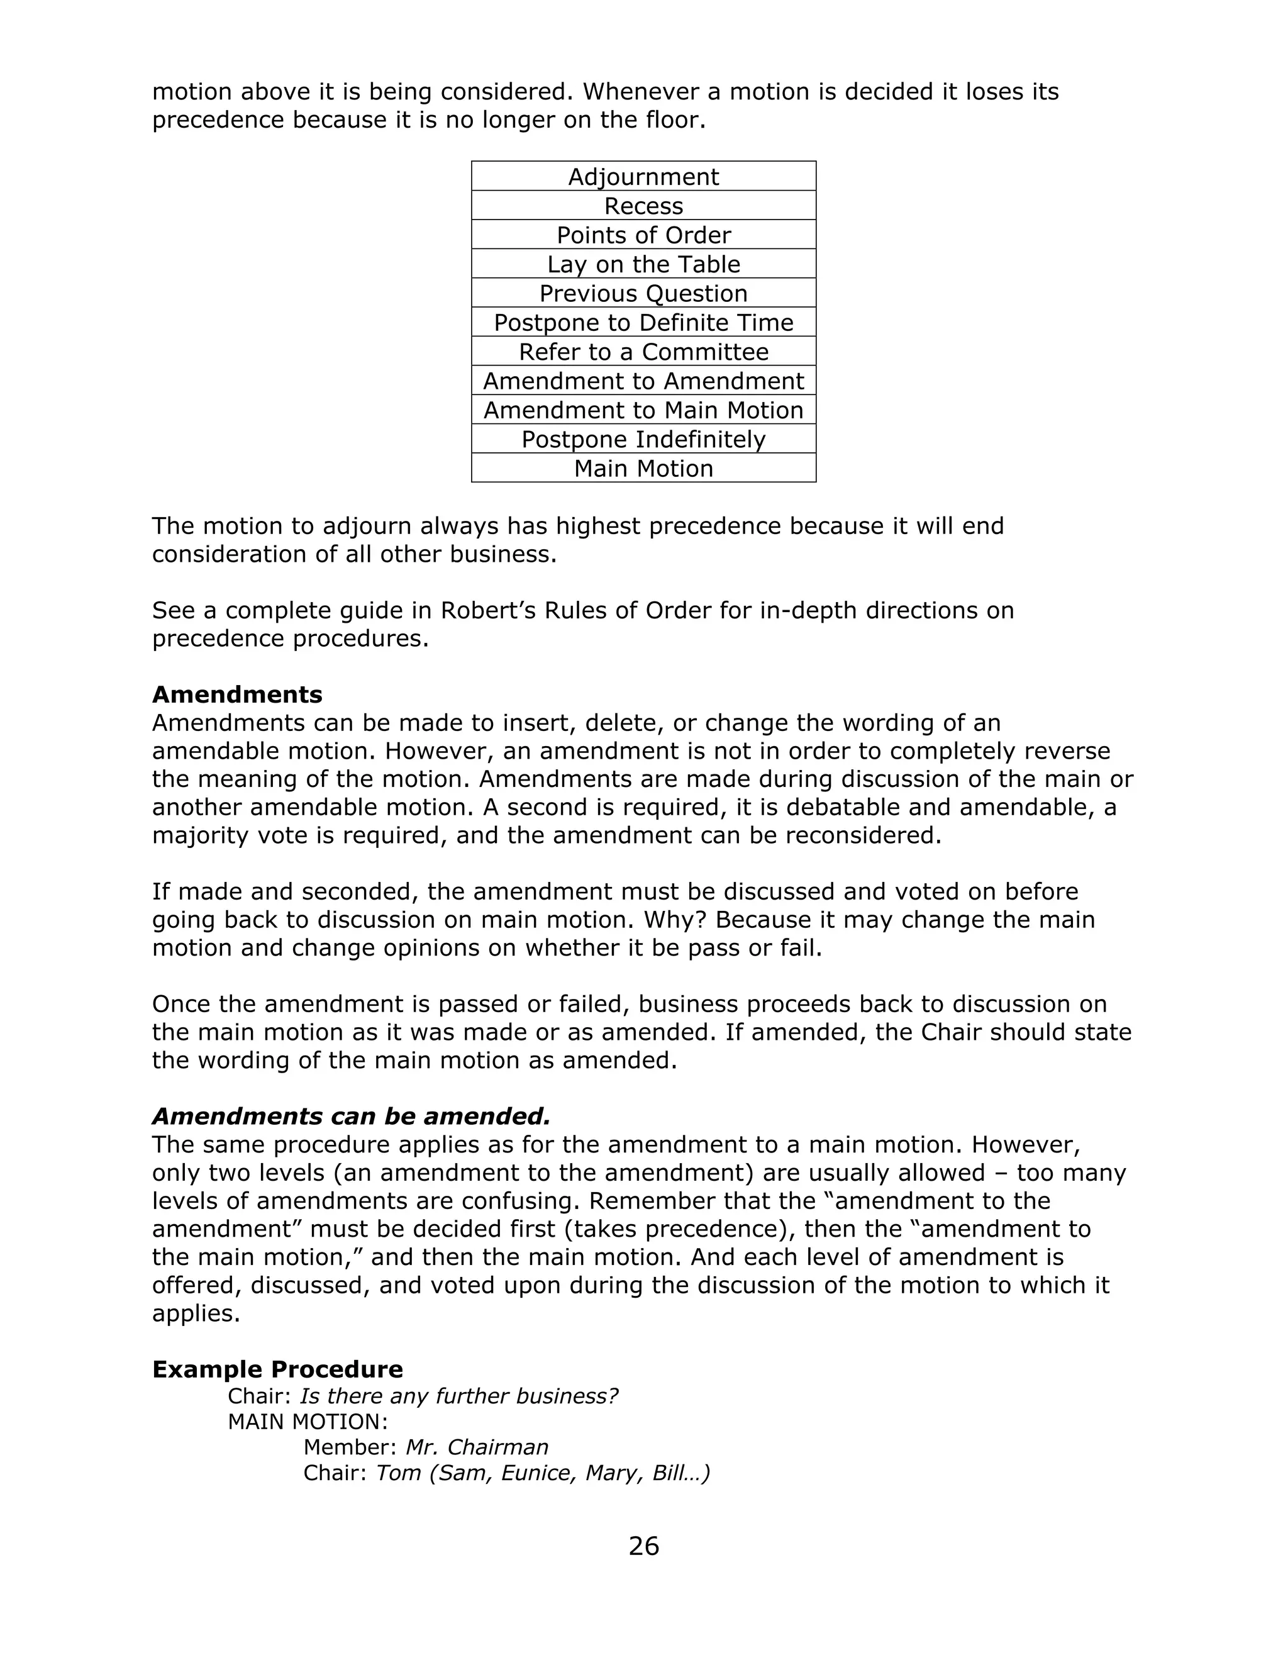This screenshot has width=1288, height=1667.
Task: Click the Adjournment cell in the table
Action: click(x=643, y=176)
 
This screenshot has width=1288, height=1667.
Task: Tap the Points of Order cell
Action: click(x=643, y=235)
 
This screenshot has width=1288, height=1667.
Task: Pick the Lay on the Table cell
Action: click(x=643, y=264)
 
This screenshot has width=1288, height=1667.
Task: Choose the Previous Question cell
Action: click(x=643, y=293)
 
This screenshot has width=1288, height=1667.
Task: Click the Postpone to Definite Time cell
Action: click(x=643, y=322)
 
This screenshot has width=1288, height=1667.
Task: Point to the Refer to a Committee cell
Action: click(x=643, y=352)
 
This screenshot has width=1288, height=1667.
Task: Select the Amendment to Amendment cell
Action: click(x=643, y=381)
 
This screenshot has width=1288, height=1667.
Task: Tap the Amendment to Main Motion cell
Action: click(x=643, y=410)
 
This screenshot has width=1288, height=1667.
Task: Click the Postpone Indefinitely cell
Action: click(x=643, y=439)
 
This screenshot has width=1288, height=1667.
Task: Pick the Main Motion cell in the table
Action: click(x=643, y=468)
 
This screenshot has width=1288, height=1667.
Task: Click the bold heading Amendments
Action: click(x=237, y=694)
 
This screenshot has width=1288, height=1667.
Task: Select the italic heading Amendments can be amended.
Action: click(x=351, y=1116)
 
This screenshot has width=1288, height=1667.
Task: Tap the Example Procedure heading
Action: click(x=278, y=1369)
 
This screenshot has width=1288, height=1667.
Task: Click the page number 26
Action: click(x=643, y=1546)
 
